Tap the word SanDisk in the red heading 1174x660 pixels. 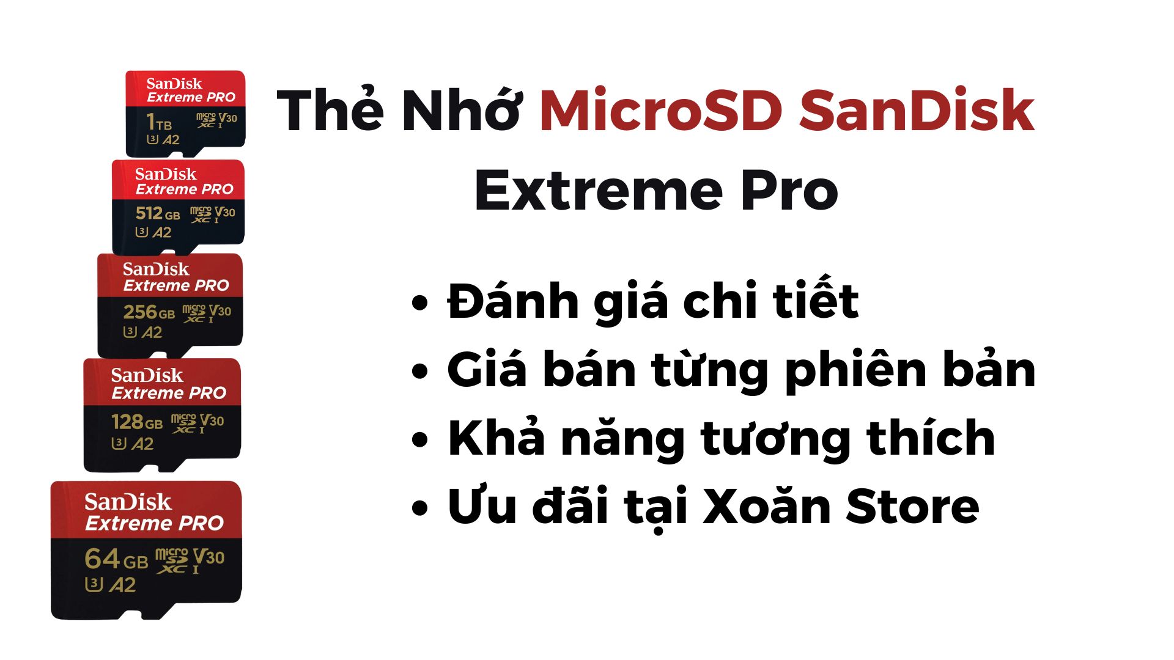pyautogui.click(x=917, y=111)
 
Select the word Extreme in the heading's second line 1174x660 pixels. pyautogui.click(x=599, y=191)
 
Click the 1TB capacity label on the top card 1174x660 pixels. pyautogui.click(x=159, y=123)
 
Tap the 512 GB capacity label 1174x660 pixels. pyautogui.click(x=158, y=213)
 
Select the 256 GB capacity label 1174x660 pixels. pyautogui.click(x=149, y=312)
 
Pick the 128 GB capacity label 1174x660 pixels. pyautogui.click(x=137, y=422)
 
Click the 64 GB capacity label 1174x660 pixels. pyautogui.click(x=116, y=559)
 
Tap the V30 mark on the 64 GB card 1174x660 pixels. pyautogui.click(x=209, y=557)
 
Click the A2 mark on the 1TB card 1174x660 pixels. pyautogui.click(x=171, y=140)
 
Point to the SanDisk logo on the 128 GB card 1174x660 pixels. pyautogui.click(x=147, y=375)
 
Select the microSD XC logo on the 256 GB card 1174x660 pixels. pyautogui.click(x=194, y=313)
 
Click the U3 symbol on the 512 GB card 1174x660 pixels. pyautogui.click(x=142, y=232)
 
